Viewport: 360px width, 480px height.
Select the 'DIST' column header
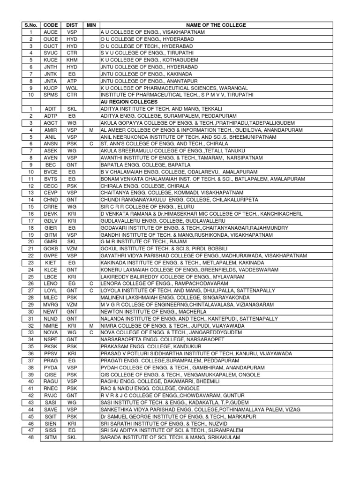click(72, 25)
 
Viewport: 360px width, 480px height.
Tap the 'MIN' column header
click(91, 25)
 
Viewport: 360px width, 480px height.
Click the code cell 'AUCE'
click(50, 32)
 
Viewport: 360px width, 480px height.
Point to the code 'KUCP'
click(50, 88)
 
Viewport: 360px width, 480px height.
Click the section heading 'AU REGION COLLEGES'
click(129, 102)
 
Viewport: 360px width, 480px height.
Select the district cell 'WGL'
click(72, 88)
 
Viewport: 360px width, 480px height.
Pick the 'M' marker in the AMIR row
click(91, 130)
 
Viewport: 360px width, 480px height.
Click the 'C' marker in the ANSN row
click(91, 144)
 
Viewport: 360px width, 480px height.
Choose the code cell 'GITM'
click(50, 234)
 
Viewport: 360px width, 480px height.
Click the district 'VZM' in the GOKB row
click(72, 248)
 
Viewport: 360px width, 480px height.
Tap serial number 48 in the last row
click(30, 437)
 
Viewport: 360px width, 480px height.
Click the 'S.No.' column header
click(30, 25)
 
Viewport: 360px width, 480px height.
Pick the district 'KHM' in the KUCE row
click(72, 60)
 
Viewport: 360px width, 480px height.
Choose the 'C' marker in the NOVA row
click(91, 332)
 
